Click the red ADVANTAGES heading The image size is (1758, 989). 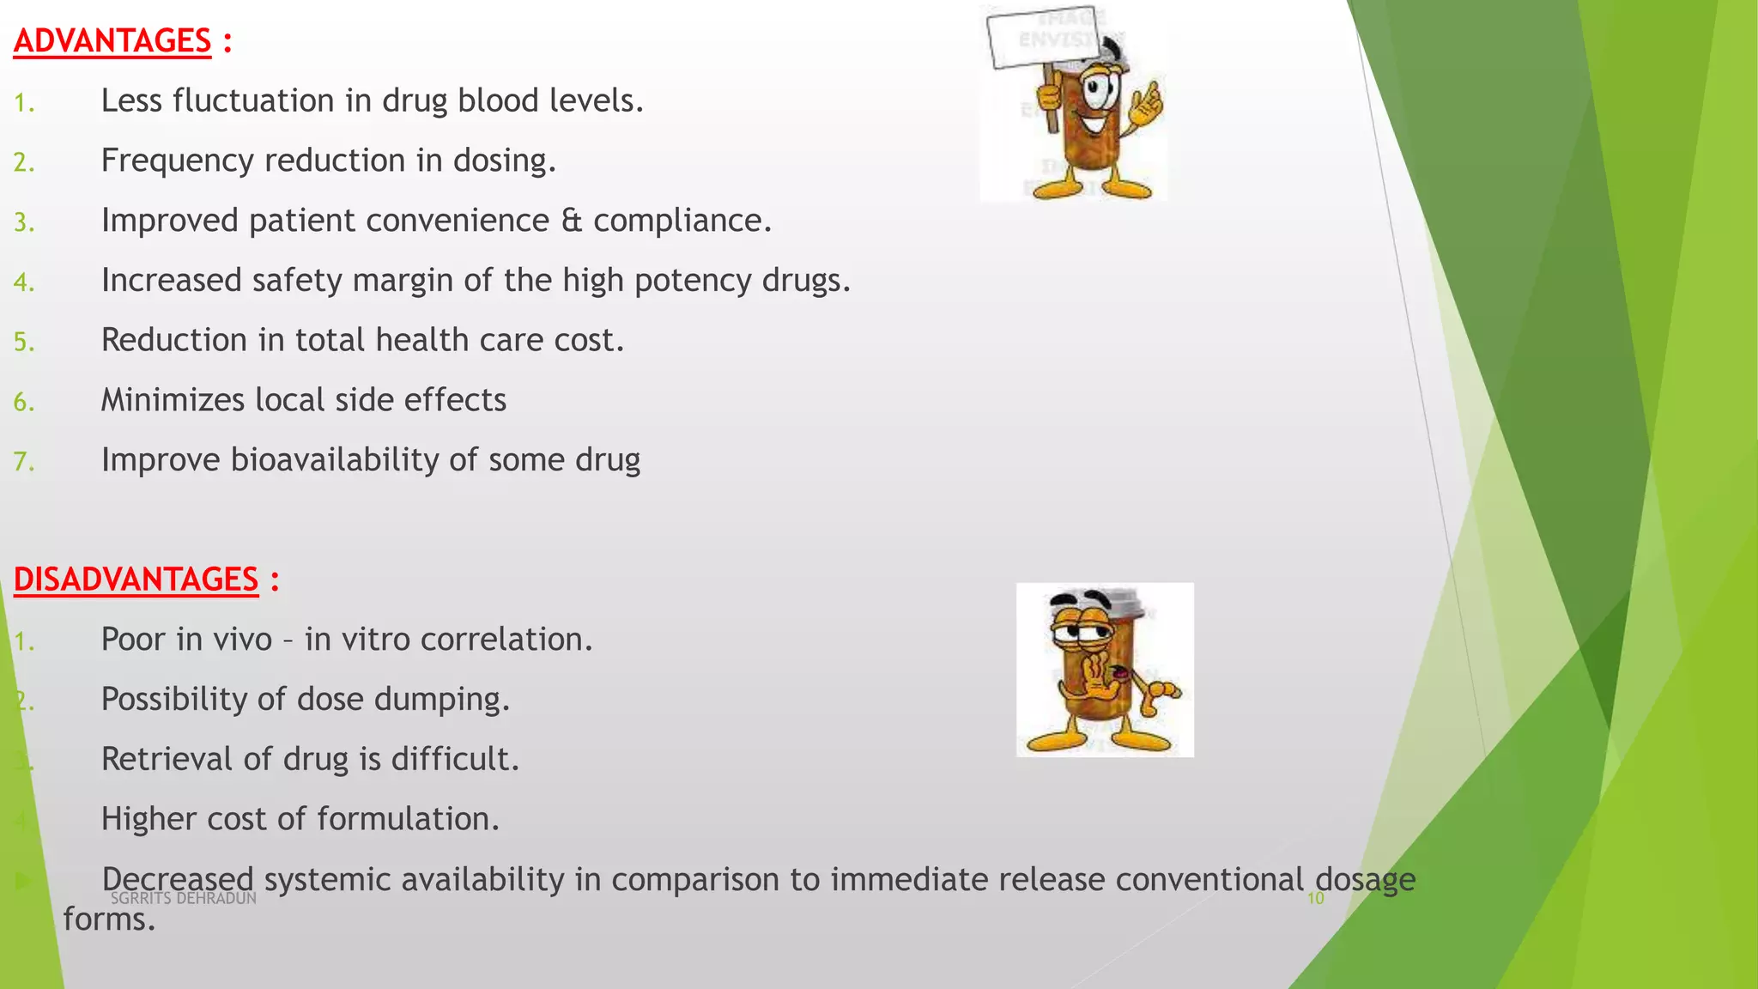point(112,41)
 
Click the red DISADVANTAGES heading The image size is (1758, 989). point(136,579)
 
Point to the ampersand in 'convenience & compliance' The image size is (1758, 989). point(571,221)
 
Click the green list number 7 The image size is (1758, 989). point(23,462)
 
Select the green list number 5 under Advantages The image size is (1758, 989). point(23,343)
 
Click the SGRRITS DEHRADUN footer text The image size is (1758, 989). point(184,898)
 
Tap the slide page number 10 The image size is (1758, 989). point(1315,899)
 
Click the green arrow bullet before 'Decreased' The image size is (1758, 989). point(24,880)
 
